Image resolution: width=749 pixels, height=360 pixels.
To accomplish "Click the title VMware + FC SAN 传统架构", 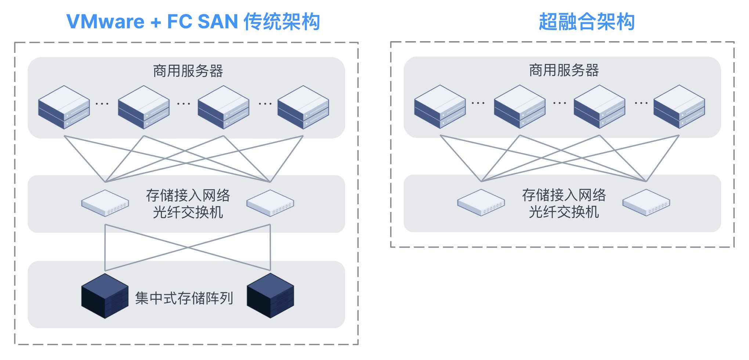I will [193, 21].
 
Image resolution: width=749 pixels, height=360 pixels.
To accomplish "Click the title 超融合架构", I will [586, 21].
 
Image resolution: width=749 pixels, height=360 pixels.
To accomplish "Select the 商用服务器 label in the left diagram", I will [188, 71].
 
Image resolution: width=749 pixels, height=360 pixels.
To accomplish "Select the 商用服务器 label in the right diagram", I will [564, 70].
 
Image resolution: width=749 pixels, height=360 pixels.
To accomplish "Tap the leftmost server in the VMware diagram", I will [64, 107].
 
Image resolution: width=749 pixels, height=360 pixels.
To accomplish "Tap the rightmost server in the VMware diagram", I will [303, 107].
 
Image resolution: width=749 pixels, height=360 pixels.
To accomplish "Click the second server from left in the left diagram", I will [144, 107].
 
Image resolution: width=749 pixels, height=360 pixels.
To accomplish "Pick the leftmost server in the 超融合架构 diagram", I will [440, 107].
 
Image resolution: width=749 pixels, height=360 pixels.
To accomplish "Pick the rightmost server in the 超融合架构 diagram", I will [679, 107].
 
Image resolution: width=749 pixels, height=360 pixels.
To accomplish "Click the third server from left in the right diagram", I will [599, 107].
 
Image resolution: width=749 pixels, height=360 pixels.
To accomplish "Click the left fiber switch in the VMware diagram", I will [105, 203].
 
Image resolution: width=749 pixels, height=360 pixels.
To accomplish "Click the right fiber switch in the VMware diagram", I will [270, 203].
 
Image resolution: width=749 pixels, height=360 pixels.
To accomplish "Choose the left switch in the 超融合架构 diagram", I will [481, 202].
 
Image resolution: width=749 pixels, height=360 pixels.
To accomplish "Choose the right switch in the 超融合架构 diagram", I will [646, 202].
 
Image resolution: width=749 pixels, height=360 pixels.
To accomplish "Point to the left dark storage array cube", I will [105, 296].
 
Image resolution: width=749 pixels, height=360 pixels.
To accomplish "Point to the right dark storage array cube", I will [270, 296].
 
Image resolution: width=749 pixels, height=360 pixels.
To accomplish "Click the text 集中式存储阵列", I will [184, 298].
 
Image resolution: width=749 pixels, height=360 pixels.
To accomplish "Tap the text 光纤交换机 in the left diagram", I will [188, 212].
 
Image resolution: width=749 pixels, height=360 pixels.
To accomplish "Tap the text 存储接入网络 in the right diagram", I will [564, 195].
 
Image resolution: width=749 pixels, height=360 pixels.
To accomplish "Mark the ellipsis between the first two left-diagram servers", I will [102, 104].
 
